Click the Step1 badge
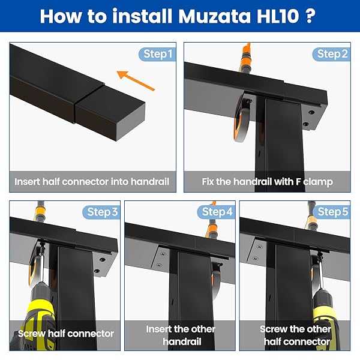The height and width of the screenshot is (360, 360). [x=157, y=55]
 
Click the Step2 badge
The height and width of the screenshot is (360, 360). [x=332, y=55]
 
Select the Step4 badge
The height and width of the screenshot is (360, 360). [x=217, y=212]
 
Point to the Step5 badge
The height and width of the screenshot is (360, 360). [x=332, y=212]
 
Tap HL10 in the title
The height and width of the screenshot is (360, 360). [x=282, y=16]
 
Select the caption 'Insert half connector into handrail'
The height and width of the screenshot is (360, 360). [x=92, y=181]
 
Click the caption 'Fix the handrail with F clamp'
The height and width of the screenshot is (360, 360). [x=267, y=181]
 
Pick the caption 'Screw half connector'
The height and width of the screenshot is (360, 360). [x=65, y=333]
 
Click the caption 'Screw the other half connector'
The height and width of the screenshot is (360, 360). [x=295, y=335]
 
